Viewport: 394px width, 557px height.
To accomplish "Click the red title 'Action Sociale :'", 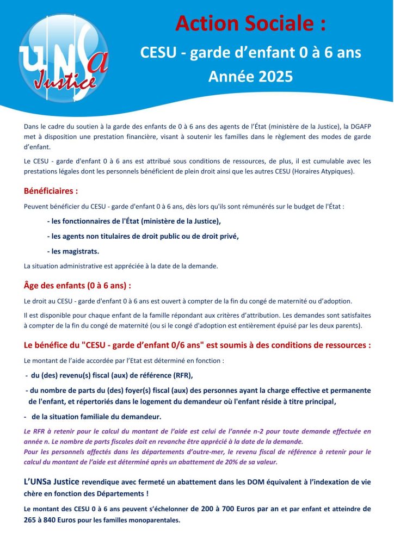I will click(251, 23).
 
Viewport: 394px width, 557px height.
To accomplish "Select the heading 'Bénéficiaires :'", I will click(51, 191).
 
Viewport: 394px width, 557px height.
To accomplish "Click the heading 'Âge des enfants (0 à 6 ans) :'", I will click(77, 285).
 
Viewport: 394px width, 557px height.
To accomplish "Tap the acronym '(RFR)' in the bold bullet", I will click(181, 375).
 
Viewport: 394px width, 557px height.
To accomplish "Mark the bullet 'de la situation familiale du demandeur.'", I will click(96, 417).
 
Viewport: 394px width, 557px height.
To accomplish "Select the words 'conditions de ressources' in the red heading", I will click(325, 345).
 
